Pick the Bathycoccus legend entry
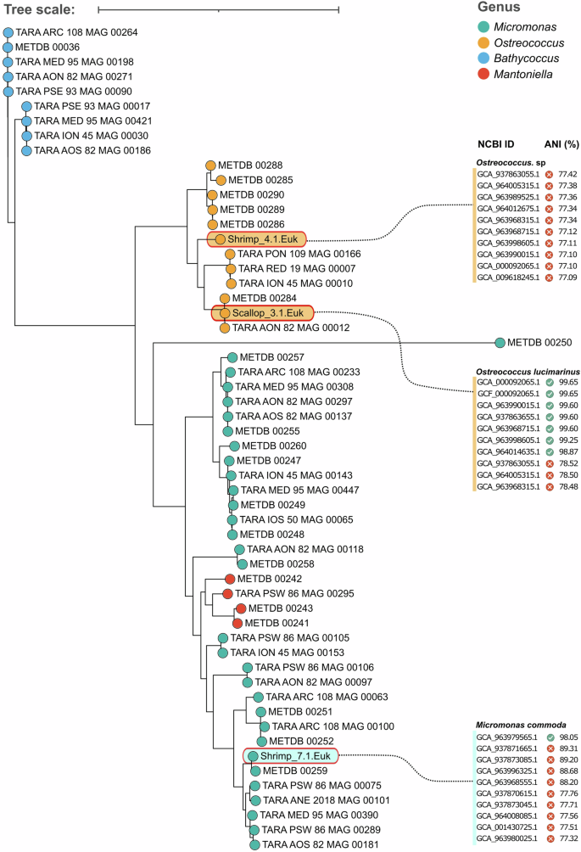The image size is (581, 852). (529, 59)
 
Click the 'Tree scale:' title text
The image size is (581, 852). (39, 9)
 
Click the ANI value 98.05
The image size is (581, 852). (567, 737)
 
